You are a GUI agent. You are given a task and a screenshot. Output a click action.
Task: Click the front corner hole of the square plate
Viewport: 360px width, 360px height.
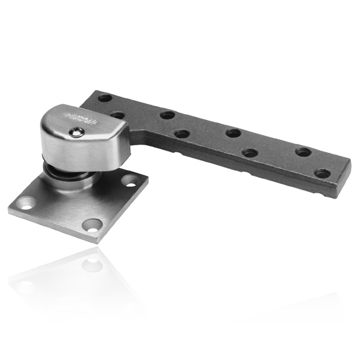point(92,226)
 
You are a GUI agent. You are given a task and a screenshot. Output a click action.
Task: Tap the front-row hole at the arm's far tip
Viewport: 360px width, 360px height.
point(322,173)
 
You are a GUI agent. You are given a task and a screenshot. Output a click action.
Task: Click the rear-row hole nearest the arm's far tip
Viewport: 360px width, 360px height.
point(304,152)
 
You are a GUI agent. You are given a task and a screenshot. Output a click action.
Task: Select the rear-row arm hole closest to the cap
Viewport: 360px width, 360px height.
point(106,97)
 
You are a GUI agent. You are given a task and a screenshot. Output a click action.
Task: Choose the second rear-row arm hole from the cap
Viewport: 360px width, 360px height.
point(167,114)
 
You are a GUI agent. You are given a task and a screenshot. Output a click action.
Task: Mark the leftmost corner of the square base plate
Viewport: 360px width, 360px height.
point(10,210)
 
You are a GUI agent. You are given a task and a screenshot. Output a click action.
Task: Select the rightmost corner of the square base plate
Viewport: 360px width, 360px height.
point(148,178)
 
